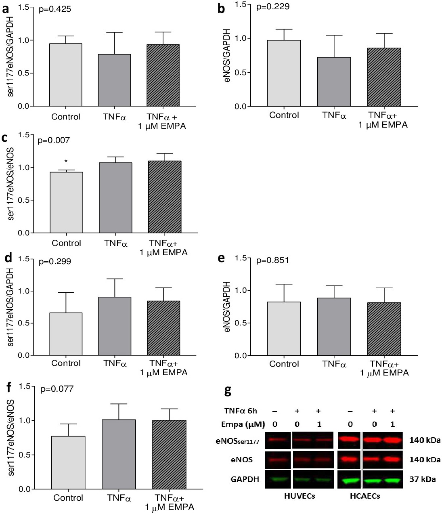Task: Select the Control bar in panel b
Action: pos(284,73)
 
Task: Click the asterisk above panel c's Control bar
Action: pos(66,162)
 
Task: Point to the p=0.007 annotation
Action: pos(54,141)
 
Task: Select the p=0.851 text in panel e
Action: pos(272,260)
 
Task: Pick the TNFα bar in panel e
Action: pos(334,327)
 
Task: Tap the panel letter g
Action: pos(228,391)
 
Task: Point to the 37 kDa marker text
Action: pos(423,479)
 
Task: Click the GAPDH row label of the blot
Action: pos(245,479)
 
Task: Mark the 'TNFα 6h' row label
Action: pos(241,411)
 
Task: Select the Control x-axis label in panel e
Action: pos(284,364)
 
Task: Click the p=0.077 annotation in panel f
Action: pos(57,389)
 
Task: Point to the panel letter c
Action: pos(5,138)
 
